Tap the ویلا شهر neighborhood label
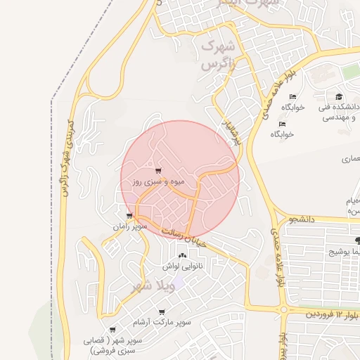pyautogui.click(x=153, y=287)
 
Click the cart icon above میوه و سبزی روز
pyautogui.click(x=158, y=171)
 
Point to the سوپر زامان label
pyautogui.click(x=129, y=226)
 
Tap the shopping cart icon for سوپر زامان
pyautogui.click(x=129, y=216)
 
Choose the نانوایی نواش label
pyautogui.click(x=183, y=266)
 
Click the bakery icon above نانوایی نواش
pyautogui.click(x=183, y=256)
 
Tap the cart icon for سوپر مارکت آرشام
pyautogui.click(x=162, y=311)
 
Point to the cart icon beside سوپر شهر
pyautogui.click(x=112, y=330)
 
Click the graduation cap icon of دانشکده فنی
pyautogui.click(x=339, y=97)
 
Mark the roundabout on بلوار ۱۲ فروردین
pyautogui.click(x=283, y=309)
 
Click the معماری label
pyautogui.click(x=349, y=160)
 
